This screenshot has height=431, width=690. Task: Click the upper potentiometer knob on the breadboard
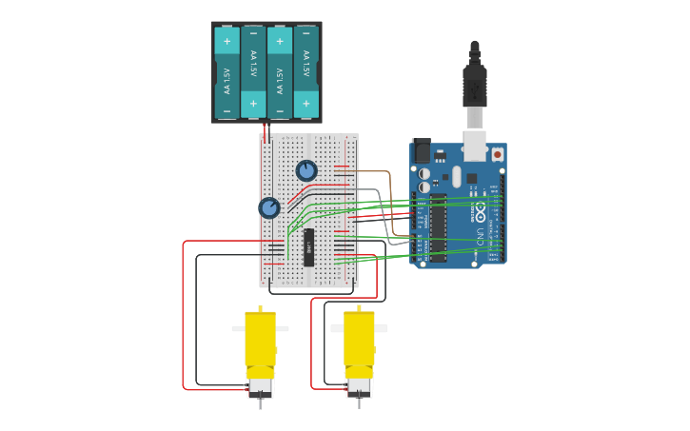306,170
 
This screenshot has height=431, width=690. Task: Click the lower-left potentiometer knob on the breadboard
269,207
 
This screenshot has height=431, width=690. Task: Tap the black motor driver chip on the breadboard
309,247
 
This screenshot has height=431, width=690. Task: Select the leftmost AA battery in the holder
227,73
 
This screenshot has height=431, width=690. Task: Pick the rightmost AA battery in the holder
306,73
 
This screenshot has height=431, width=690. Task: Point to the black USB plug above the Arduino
474,86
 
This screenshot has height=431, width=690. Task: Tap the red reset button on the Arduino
497,154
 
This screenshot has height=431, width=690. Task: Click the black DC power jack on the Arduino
421,151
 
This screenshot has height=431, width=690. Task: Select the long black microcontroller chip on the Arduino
438,228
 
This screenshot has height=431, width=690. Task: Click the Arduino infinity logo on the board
481,208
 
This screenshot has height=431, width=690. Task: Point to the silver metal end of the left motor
260,385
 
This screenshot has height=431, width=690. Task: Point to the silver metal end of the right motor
359,385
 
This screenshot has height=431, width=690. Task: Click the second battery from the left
253,73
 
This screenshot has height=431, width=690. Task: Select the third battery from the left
279,73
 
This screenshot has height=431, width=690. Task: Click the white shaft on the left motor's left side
238,329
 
